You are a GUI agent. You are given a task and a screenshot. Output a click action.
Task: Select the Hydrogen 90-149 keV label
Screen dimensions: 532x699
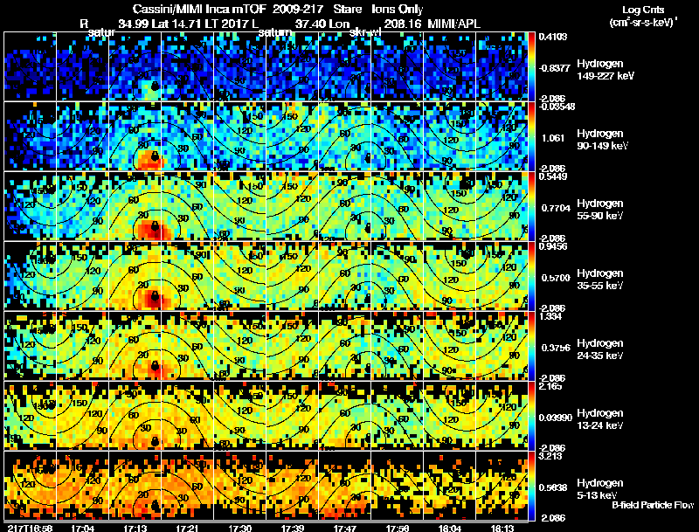coord(599,140)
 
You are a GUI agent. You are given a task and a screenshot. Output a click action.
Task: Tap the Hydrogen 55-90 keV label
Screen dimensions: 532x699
coord(599,210)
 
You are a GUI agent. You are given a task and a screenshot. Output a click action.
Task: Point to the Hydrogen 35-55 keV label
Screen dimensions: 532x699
coord(599,280)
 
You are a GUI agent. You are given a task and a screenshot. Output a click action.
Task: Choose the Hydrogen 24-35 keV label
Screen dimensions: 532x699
coord(599,349)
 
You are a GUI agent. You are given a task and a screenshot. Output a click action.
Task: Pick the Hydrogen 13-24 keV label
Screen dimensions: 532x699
coord(599,419)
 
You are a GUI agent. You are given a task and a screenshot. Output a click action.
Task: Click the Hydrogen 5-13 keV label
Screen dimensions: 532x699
coord(599,488)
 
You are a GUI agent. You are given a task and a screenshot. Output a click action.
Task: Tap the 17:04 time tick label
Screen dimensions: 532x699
coord(84,528)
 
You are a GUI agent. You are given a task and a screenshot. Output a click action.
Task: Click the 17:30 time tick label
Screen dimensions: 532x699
coord(239,528)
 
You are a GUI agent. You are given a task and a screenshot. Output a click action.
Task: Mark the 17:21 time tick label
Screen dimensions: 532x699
coord(187,528)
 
